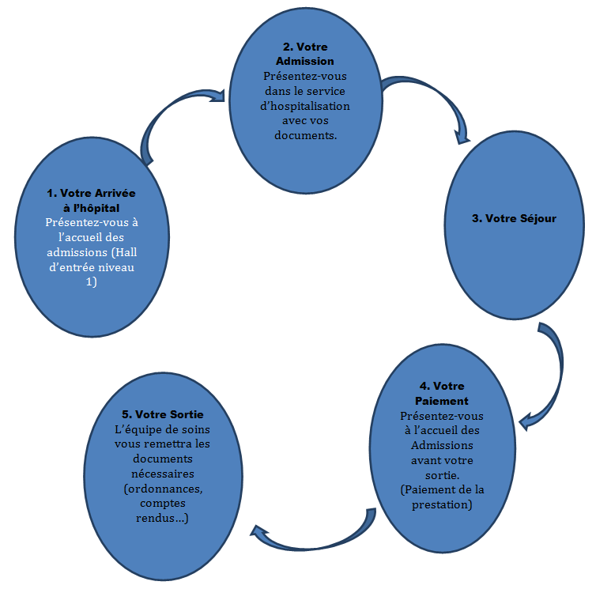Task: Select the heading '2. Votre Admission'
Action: [305, 54]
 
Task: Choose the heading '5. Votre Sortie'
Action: [163, 414]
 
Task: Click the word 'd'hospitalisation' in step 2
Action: [305, 106]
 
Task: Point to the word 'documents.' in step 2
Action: [305, 135]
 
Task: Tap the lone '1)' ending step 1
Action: [90, 282]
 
